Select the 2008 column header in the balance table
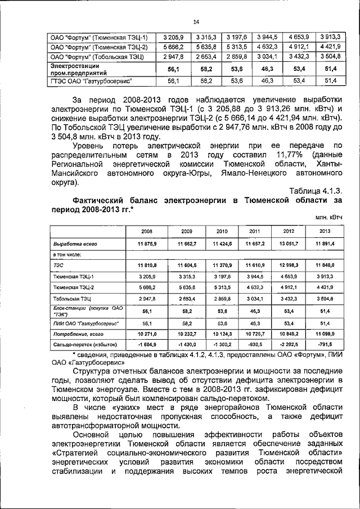pos(147,231)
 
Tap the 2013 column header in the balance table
pos(325,231)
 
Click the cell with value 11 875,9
pos(147,244)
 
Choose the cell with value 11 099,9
pos(325,333)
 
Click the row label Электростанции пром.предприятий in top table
pos(75,69)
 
